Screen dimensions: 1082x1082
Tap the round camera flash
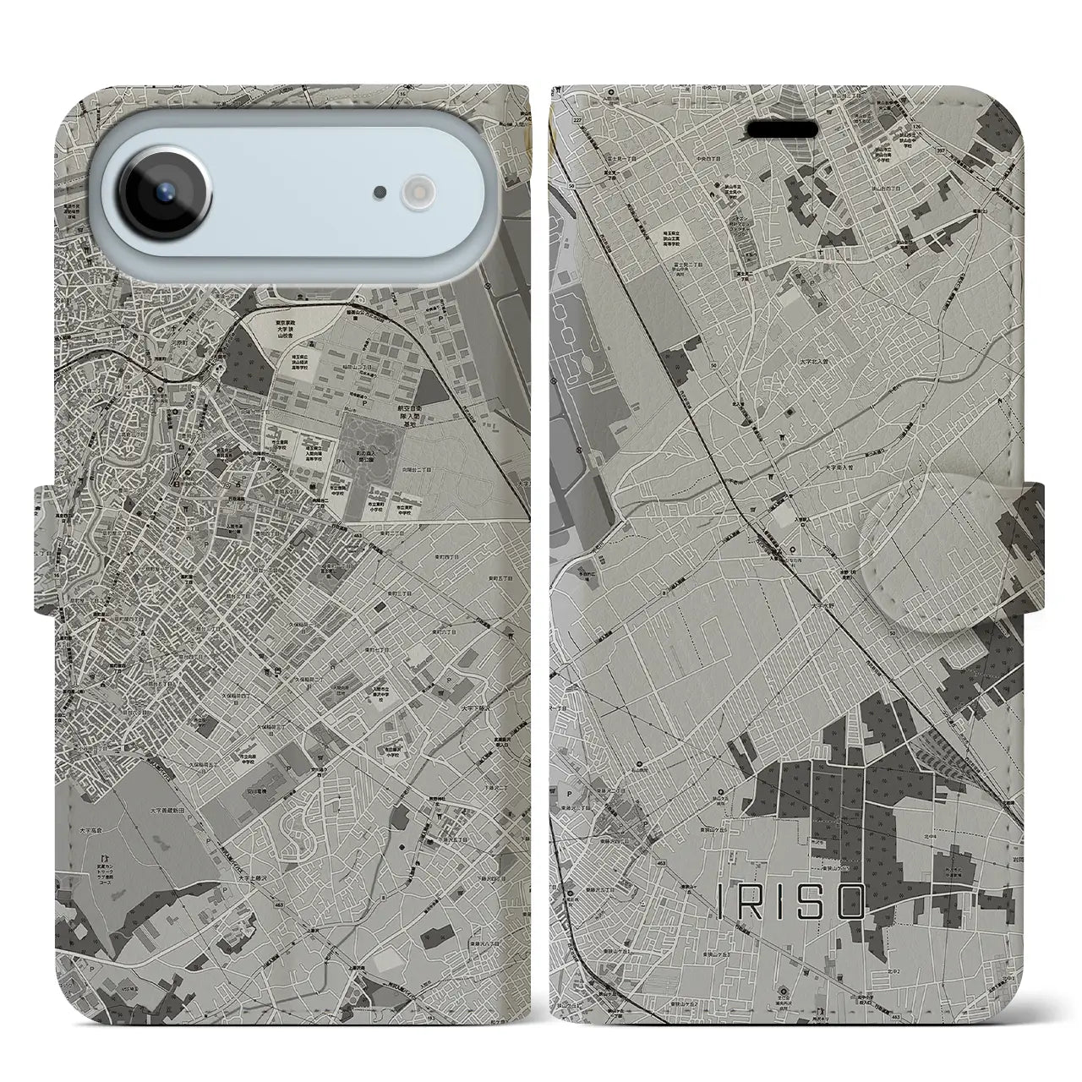(x=417, y=193)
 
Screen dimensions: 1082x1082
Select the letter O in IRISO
(x=851, y=902)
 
